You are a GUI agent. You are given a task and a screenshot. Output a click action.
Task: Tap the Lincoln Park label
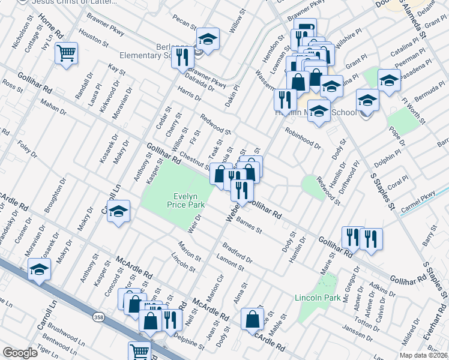(x=318, y=297)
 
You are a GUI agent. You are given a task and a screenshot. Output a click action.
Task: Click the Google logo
(x=20, y=353)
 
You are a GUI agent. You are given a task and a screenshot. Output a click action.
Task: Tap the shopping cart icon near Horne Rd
(x=67, y=53)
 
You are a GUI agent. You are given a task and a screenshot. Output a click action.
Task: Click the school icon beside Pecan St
(x=208, y=39)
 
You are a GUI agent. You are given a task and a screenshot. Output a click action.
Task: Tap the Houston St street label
(x=93, y=40)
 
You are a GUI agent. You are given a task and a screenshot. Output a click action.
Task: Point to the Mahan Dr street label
(x=53, y=109)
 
